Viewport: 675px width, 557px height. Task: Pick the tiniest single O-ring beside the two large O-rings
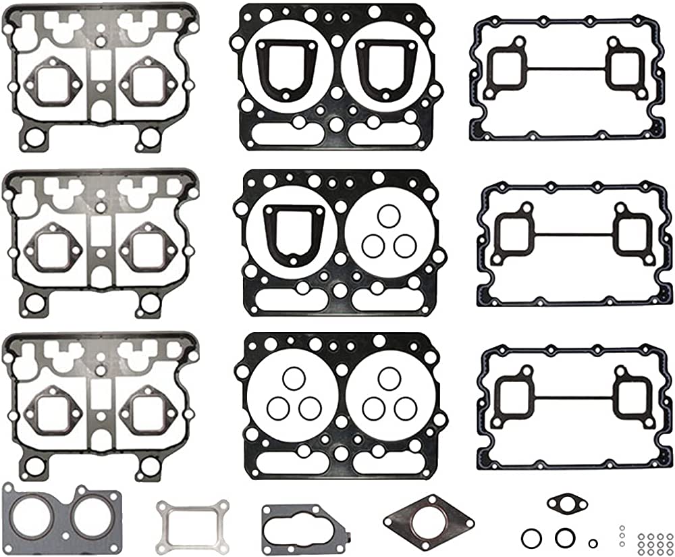(x=593, y=543)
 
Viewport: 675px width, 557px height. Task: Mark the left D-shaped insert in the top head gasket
(x=282, y=68)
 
